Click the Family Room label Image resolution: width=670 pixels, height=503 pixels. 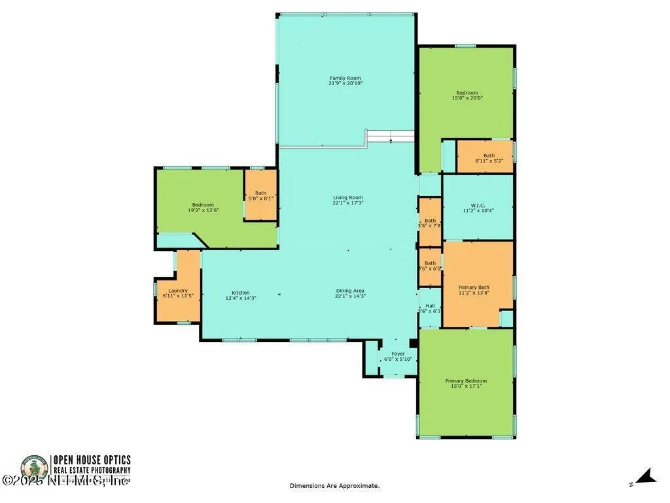(345, 79)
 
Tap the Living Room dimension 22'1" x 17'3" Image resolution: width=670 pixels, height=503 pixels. (347, 203)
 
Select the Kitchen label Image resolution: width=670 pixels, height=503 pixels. (240, 293)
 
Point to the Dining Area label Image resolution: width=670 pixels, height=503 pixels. (350, 291)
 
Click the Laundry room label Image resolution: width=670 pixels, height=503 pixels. (178, 291)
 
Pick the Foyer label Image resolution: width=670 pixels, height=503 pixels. (398, 354)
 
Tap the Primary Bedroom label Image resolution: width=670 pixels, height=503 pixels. (466, 381)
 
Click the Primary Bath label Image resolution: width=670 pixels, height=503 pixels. (474, 287)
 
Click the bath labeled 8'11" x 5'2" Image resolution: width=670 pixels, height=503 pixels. (485, 160)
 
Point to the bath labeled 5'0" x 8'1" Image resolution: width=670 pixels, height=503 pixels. (260, 198)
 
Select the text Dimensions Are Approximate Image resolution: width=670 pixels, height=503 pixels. (334, 486)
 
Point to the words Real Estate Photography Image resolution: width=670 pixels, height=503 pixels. (92, 470)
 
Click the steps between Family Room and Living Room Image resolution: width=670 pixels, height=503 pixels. (390, 136)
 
